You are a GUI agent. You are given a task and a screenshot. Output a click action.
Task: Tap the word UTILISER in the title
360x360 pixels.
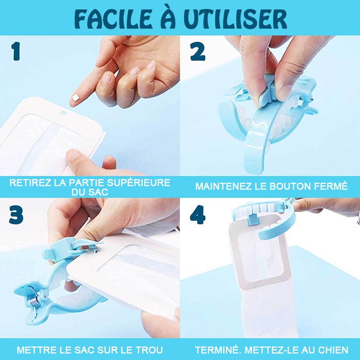235,19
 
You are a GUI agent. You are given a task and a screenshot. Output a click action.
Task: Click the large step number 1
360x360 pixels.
16,51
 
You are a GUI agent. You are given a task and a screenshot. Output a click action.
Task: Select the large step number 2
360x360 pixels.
198,52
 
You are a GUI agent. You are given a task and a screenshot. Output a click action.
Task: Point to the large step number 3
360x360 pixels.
16,215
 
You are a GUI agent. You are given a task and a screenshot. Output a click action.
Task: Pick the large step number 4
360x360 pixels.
198,215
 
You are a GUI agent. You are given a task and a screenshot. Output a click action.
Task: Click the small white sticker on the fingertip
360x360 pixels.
76,98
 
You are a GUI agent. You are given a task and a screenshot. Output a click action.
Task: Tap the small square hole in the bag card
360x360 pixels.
63,113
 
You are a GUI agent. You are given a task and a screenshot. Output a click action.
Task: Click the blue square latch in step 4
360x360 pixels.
253,219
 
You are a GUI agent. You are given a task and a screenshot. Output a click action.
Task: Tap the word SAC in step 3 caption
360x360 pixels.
84,350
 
